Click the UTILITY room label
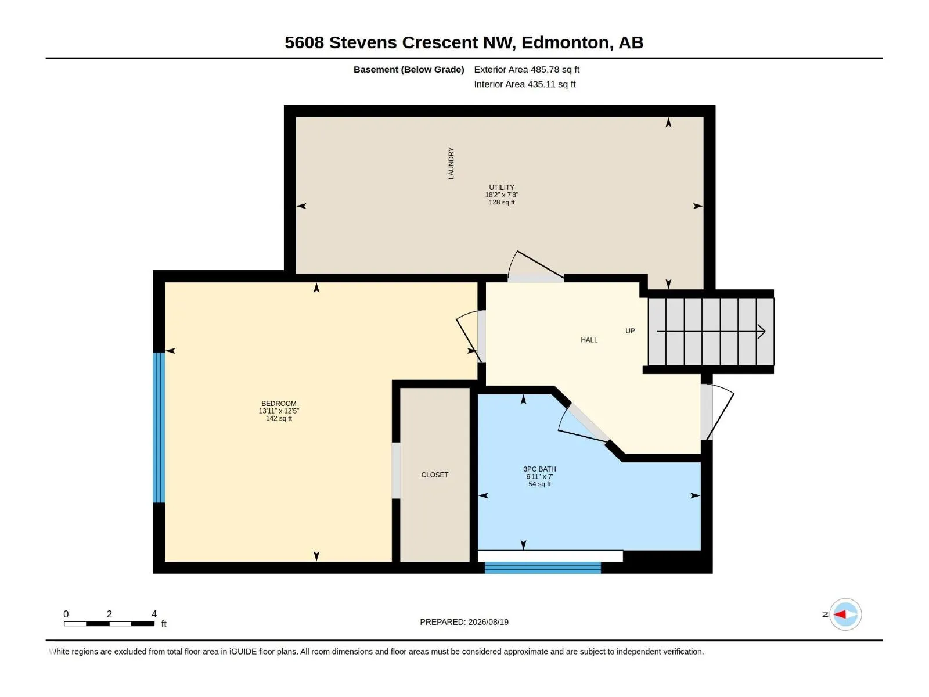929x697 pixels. point(502,187)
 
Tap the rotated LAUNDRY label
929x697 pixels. point(451,163)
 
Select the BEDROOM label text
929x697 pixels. point(279,403)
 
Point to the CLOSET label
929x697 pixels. point(435,475)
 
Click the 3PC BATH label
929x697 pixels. point(539,469)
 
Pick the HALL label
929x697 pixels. point(589,340)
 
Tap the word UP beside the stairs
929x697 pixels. point(630,331)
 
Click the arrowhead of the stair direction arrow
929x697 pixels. point(762,331)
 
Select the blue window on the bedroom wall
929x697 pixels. point(159,427)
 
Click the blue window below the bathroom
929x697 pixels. point(542,567)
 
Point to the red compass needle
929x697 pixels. point(840,615)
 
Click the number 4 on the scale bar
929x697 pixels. point(154,613)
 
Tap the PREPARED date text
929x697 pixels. point(464,622)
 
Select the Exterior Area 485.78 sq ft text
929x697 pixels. point(527,69)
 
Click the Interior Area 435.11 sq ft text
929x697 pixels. point(525,84)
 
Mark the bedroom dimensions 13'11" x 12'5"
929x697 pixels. point(279,411)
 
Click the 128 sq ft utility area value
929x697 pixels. point(502,202)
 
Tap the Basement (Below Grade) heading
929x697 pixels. point(409,69)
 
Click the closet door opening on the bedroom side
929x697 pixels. point(396,470)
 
